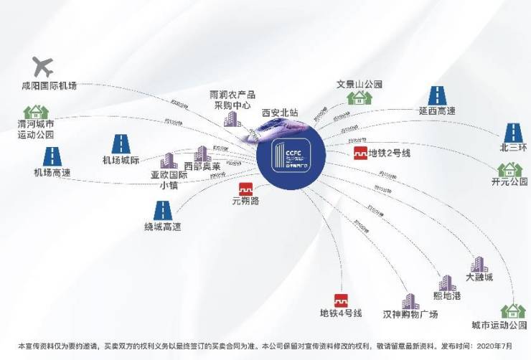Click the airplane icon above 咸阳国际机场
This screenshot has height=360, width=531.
coord(42,67)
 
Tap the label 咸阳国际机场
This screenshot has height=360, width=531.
coord(49,86)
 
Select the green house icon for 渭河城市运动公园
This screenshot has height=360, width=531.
coord(35,113)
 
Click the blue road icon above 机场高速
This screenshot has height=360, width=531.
coord(52,157)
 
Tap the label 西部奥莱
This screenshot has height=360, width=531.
coord(202,166)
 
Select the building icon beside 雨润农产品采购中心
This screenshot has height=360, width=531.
coord(231,118)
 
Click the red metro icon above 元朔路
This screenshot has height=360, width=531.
coord(246,188)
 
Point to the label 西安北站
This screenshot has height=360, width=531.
coord(280,113)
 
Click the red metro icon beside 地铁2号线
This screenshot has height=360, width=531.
coord(360,153)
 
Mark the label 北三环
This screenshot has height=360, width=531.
coord(512,148)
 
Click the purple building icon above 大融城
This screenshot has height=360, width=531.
coord(479,265)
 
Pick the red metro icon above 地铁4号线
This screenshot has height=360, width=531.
coord(341,300)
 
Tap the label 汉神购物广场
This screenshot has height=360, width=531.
coord(410,314)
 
